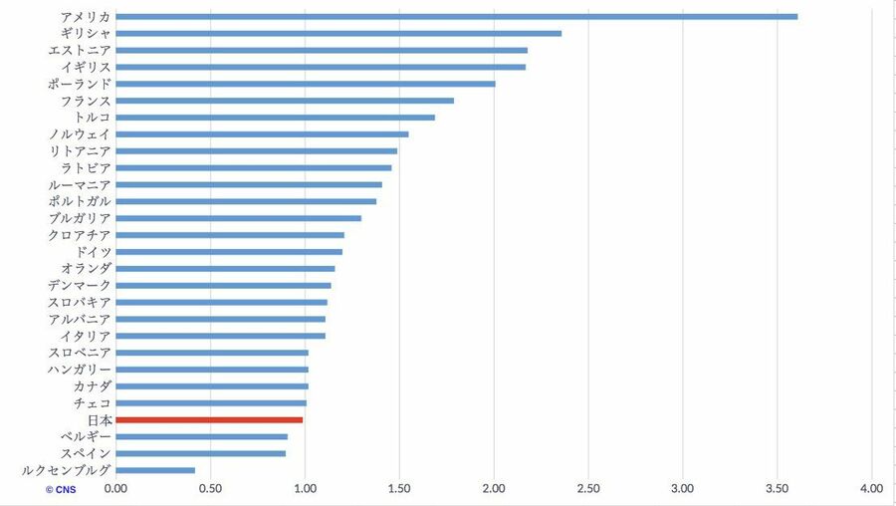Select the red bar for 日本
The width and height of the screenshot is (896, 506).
tap(209, 419)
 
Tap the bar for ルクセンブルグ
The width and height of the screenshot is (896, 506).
tap(155, 470)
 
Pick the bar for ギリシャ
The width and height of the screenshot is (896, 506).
tap(338, 33)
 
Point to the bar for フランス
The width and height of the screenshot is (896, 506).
tap(285, 101)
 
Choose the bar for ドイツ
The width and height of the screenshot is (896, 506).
tap(229, 252)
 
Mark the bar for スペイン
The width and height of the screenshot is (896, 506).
tap(201, 453)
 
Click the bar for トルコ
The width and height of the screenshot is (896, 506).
tap(276, 118)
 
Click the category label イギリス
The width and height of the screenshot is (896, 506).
tap(86, 67)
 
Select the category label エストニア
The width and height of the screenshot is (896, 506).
tap(80, 50)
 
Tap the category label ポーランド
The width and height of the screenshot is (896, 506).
tap(80, 84)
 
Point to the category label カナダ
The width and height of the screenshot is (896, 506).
tap(92, 386)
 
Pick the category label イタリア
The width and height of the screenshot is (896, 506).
tap(86, 336)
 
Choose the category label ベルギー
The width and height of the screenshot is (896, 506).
tap(86, 436)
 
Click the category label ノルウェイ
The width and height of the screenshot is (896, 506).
tap(80, 134)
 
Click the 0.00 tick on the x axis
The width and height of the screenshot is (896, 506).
tap(115, 488)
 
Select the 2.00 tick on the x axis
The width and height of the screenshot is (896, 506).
tap(494, 488)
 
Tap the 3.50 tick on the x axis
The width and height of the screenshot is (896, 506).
tap(778, 488)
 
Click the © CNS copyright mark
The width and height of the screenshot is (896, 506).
tap(60, 489)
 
